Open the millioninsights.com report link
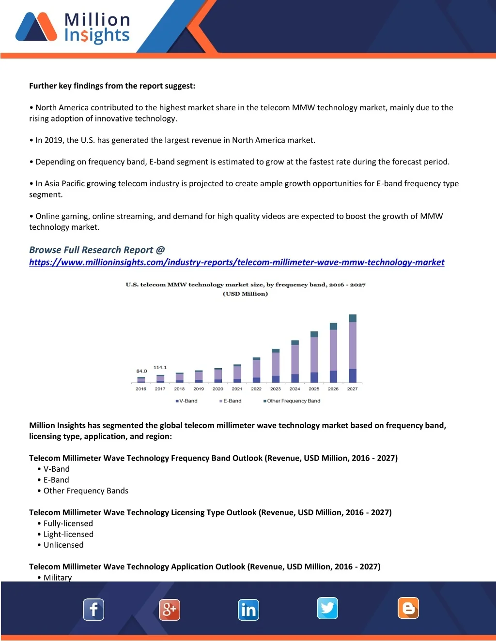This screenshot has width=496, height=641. click(236, 262)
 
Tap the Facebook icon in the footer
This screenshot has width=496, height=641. click(93, 610)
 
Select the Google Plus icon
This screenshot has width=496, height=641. click(170, 610)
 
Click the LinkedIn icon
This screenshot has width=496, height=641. click(248, 610)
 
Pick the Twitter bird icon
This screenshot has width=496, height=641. click(327, 608)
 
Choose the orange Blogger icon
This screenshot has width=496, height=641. click(408, 608)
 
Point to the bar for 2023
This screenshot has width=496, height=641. click(276, 366)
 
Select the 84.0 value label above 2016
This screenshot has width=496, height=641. click(141, 371)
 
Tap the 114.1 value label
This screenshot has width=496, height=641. click(160, 368)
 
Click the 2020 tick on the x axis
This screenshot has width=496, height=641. click(218, 389)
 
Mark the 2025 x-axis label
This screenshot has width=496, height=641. click(314, 389)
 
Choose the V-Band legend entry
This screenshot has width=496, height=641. click(186, 401)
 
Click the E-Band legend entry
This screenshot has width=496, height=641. click(231, 401)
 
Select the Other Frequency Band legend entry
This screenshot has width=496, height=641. click(292, 401)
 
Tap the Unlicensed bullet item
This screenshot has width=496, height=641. click(63, 545)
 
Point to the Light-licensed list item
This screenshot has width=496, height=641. click(68, 534)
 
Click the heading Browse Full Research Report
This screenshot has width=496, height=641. click(97, 250)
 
